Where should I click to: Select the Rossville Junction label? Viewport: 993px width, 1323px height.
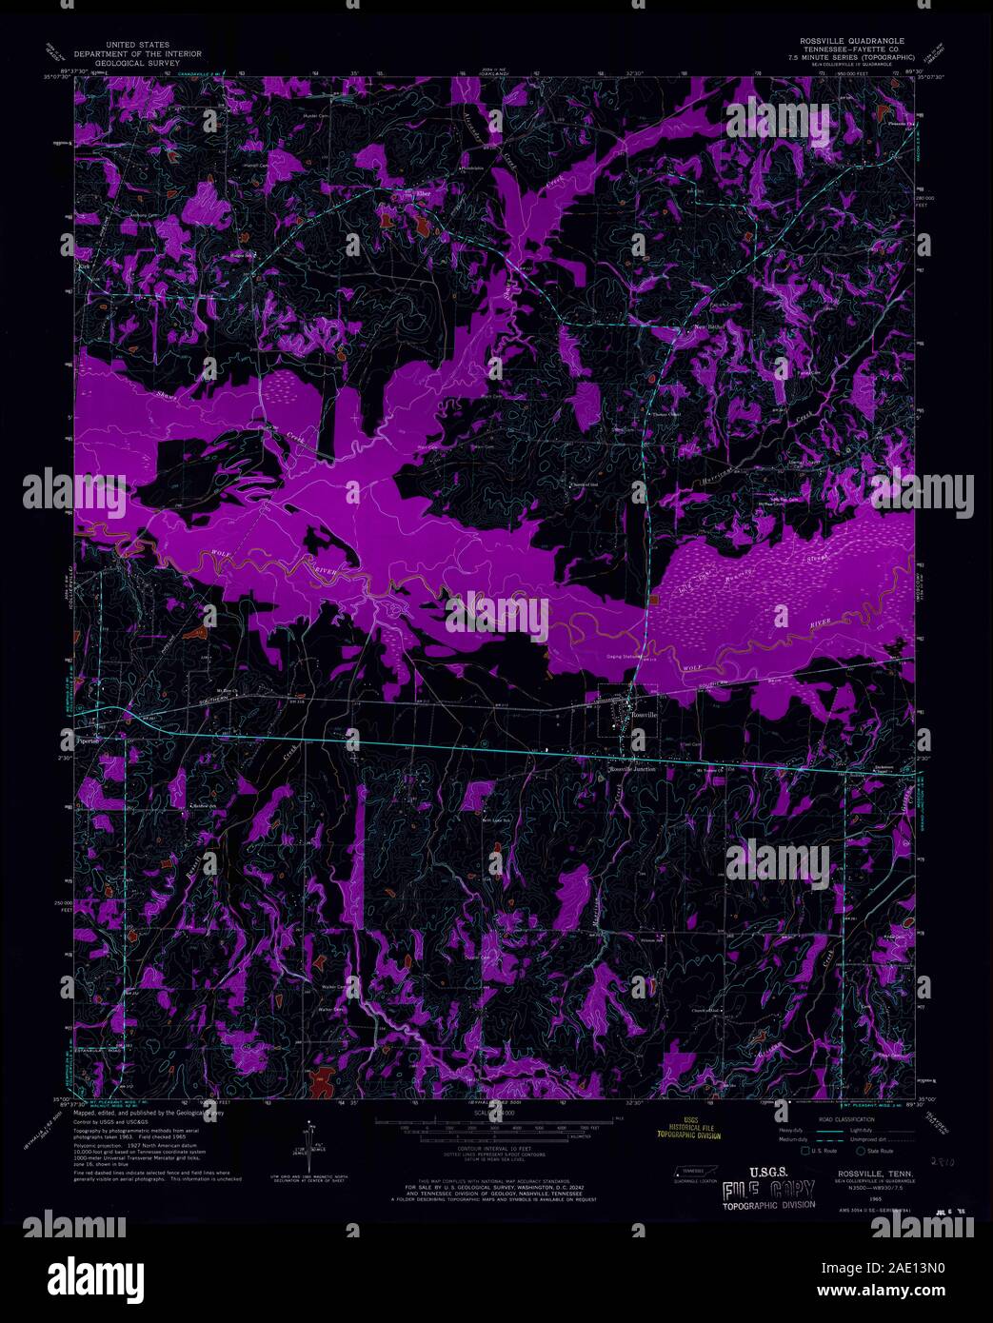[x=635, y=769]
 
